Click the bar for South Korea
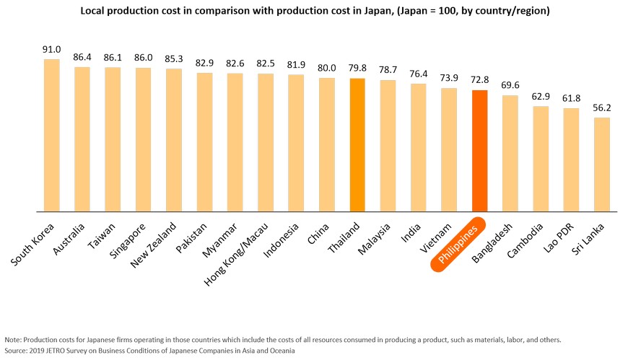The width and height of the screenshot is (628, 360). (51, 136)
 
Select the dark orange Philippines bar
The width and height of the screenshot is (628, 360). (479, 152)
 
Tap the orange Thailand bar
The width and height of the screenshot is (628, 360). (357, 145)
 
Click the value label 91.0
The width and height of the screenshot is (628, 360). (51, 49)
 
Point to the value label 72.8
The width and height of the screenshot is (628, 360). (479, 81)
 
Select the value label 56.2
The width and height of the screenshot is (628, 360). (601, 108)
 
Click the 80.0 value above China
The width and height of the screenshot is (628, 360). (326, 69)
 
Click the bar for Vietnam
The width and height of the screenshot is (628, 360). (449, 150)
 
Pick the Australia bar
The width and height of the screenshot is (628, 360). (82, 139)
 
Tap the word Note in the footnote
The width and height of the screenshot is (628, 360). (13, 340)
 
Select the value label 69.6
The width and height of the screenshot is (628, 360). (510, 86)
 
